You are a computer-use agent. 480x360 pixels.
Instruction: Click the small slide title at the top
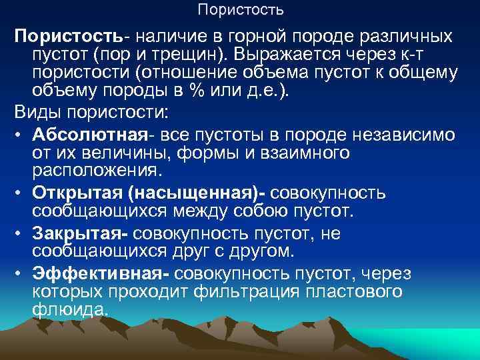click(240, 10)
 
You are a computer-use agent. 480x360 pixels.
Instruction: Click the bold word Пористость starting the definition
click(58, 35)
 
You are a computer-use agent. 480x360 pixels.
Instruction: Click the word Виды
click(37, 113)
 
